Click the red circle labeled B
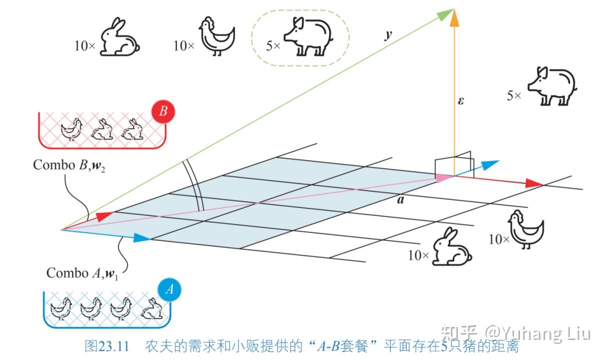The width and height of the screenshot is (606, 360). (x=163, y=112)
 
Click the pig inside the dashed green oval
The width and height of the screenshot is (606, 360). (x=308, y=36)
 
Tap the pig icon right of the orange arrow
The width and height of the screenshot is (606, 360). (x=552, y=86)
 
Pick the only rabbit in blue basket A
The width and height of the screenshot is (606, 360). (x=152, y=309)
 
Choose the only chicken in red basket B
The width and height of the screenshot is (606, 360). (x=71, y=129)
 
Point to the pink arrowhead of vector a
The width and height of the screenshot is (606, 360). (x=442, y=177)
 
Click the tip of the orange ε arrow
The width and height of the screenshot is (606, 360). (x=454, y=15)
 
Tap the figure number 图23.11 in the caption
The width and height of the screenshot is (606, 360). (x=107, y=346)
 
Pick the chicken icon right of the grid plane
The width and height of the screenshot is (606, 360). (x=525, y=229)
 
